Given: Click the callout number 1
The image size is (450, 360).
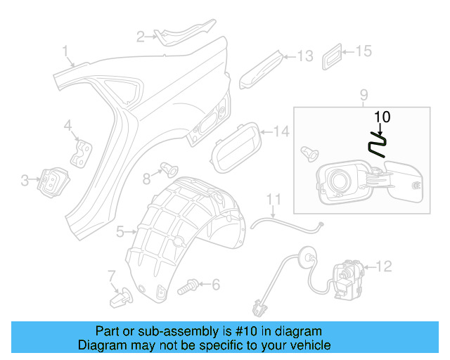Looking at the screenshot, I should (65, 51).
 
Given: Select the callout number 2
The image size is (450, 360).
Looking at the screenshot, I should (141, 36).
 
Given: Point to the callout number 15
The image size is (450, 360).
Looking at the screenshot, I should (362, 51).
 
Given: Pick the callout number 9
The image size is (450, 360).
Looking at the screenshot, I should (364, 95).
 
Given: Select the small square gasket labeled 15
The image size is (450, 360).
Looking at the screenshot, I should (334, 56).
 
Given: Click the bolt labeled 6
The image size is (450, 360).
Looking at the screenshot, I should (188, 287).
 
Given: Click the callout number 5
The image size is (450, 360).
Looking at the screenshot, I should (120, 231).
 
